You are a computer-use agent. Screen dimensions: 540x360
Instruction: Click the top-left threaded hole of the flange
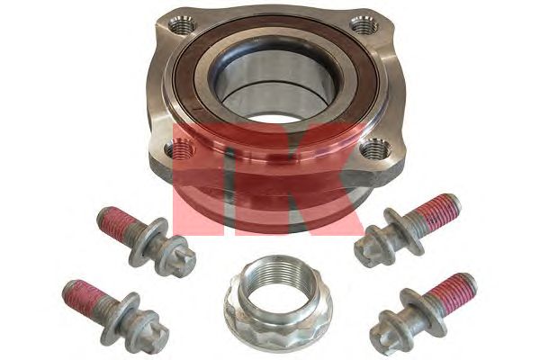(x=183, y=26)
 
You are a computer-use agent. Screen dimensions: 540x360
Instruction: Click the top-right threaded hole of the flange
(x=364, y=25)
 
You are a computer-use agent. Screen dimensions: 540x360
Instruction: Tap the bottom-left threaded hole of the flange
(x=179, y=148)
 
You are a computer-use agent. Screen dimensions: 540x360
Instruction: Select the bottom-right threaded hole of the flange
(x=377, y=148)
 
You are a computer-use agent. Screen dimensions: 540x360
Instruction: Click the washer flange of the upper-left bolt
(x=148, y=241)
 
